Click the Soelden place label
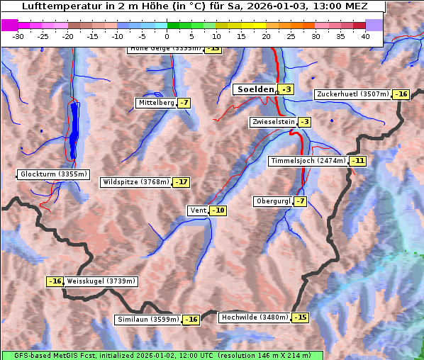tap(255, 89)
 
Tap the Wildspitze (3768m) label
tap(136, 182)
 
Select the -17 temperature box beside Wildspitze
tap(182, 182)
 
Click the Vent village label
tap(198, 210)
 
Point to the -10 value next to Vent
tap(218, 210)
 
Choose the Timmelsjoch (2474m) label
tap(308, 161)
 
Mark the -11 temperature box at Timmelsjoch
tap(358, 161)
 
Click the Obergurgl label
tap(273, 201)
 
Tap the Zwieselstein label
tap(273, 122)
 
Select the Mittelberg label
tap(156, 103)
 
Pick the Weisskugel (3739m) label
tap(101, 281)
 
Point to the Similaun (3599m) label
tap(147, 320)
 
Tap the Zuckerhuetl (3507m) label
tap(353, 94)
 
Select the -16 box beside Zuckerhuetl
tap(402, 94)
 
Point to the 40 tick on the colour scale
tap(365, 36)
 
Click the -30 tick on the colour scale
tap(18, 36)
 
